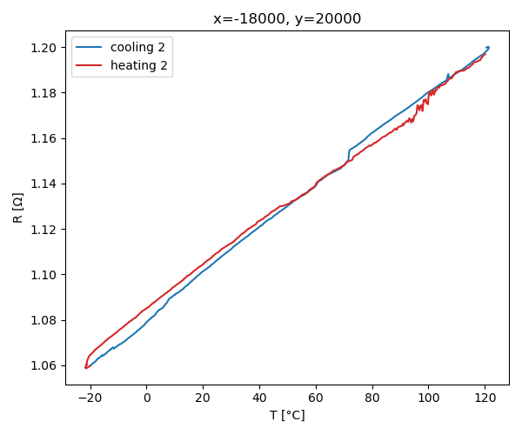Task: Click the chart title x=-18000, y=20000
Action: click(x=287, y=18)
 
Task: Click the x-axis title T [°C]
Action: click(x=287, y=416)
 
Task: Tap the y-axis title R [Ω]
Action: click(x=18, y=207)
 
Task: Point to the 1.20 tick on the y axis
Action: click(x=45, y=48)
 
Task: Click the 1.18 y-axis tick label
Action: click(x=45, y=93)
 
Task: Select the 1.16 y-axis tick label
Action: click(x=45, y=138)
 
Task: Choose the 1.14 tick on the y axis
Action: click(x=45, y=184)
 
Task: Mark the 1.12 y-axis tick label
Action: click(x=45, y=230)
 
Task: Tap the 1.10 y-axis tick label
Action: click(x=45, y=275)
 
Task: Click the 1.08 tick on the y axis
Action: click(x=45, y=320)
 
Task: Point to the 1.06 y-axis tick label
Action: click(x=45, y=365)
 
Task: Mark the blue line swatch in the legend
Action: click(x=90, y=46)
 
